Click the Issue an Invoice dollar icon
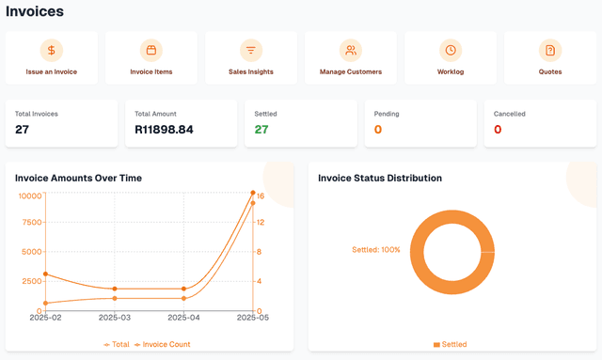click(x=52, y=51)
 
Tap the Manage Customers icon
click(x=351, y=51)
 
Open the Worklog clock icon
click(x=451, y=51)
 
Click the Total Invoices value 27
click(x=23, y=130)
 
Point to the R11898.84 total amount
click(x=164, y=130)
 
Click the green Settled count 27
click(x=261, y=130)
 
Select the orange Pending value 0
click(x=378, y=130)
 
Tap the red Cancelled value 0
click(x=498, y=130)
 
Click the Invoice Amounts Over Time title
click(x=78, y=178)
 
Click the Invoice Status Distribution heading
click(x=380, y=178)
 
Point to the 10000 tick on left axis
click(x=30, y=196)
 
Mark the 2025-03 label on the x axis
click(x=114, y=319)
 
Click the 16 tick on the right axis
click(x=260, y=196)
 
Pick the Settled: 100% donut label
click(x=376, y=250)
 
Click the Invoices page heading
click(x=35, y=12)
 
